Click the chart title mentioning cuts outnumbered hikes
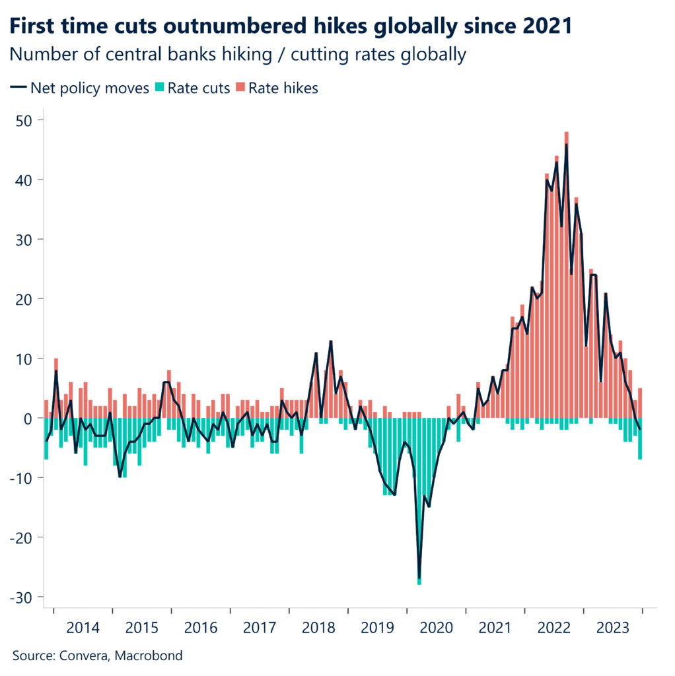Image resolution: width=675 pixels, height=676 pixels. [290, 26]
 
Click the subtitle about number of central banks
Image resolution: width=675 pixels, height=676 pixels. [238, 55]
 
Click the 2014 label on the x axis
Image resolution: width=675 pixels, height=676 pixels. [83, 627]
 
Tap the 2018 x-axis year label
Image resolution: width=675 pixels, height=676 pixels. [318, 627]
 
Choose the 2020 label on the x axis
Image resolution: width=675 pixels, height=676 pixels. [436, 627]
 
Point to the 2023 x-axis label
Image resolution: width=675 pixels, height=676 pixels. [613, 627]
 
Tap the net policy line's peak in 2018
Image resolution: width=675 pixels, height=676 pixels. [331, 342]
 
